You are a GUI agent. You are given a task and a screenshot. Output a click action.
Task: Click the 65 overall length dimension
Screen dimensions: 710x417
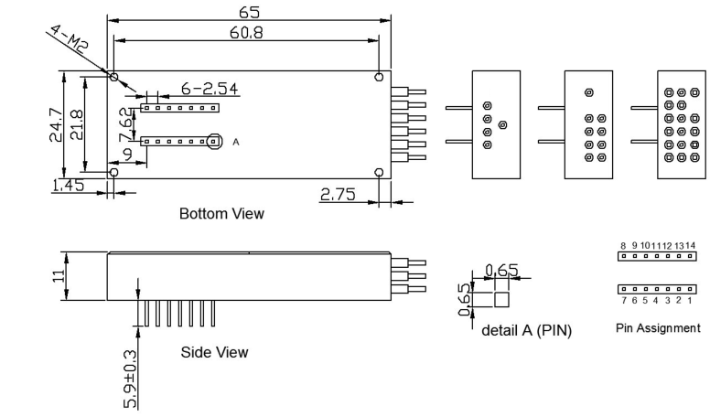(x=249, y=12)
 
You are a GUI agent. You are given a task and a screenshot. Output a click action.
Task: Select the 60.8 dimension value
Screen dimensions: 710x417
(x=246, y=33)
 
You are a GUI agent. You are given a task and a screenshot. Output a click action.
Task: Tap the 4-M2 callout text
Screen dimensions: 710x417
(x=69, y=39)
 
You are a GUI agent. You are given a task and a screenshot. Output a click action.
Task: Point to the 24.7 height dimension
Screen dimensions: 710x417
(x=56, y=124)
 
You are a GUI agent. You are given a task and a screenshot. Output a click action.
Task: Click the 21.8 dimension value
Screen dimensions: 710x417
(x=77, y=124)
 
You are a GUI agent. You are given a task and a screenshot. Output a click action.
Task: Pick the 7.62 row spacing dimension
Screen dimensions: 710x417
(x=126, y=123)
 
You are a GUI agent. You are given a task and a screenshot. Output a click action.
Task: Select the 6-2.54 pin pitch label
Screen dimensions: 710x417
(x=210, y=89)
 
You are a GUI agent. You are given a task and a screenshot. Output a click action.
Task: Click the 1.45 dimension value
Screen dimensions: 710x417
(x=69, y=186)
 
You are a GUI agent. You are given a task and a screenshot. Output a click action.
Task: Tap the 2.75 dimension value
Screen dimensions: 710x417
(x=338, y=194)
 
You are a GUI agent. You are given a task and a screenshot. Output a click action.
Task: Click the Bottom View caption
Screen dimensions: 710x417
(x=221, y=213)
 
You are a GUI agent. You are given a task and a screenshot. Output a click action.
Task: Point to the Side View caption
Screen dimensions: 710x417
(x=214, y=352)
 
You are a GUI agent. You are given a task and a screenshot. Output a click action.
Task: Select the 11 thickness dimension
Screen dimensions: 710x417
(x=59, y=276)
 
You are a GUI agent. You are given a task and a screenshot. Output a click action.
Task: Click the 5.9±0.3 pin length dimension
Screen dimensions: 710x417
(x=130, y=380)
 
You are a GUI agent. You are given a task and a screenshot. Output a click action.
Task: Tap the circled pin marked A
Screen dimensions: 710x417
(x=214, y=142)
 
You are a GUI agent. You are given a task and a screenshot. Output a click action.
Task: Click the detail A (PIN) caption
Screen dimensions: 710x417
(x=527, y=330)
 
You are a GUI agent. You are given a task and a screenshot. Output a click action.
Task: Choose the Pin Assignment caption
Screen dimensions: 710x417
(x=658, y=327)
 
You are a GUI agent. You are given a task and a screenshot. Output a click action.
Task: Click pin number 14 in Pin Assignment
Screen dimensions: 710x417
(x=690, y=245)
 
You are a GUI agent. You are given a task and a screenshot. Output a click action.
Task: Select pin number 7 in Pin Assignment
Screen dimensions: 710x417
(x=624, y=300)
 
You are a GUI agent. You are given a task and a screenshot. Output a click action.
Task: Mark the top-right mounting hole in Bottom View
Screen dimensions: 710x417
(x=379, y=77)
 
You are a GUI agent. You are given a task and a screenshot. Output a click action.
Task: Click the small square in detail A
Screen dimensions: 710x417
(x=501, y=300)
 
